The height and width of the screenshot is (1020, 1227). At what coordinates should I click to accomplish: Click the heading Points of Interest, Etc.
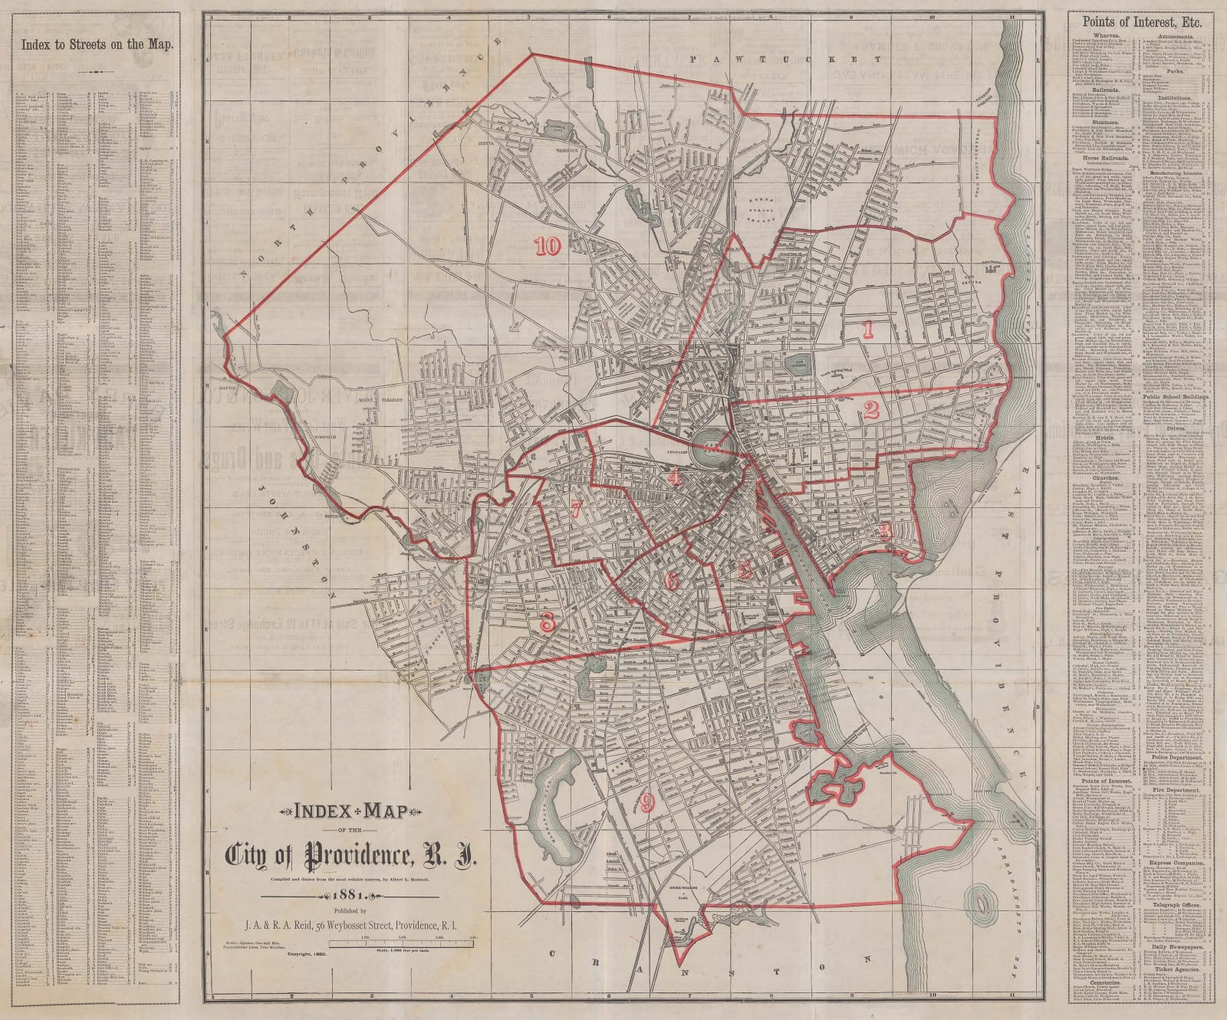[x=1137, y=22]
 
